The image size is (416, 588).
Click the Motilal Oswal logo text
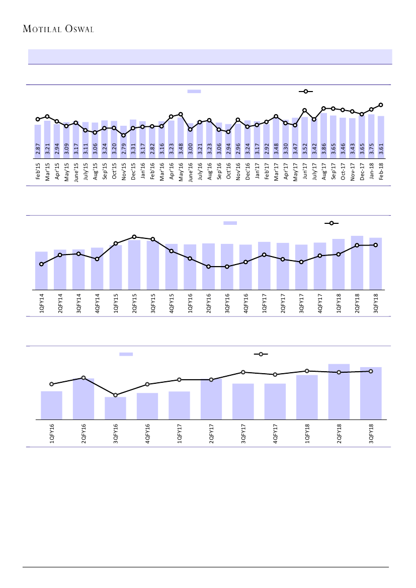[59, 29]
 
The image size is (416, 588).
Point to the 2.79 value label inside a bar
[124, 149]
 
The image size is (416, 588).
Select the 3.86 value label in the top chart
[324, 149]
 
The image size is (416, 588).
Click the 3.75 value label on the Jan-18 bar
[371, 149]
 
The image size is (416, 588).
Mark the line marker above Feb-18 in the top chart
[381, 105]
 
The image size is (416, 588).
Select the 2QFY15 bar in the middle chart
[134, 265]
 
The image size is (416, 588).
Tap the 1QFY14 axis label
[41, 303]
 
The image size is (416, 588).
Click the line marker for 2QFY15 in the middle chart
[134, 236]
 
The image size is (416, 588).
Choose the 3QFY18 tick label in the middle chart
[376, 303]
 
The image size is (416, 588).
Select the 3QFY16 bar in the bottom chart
[115, 408]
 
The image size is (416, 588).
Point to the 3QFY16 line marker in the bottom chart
[115, 395]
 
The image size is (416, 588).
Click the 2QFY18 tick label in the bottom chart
[339, 434]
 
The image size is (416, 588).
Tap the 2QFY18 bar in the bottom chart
[339, 391]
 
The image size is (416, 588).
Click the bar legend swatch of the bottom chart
[126, 354]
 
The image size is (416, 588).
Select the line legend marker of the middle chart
[331, 223]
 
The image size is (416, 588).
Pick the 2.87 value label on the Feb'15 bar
[38, 149]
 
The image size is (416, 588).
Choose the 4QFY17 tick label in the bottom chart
[275, 434]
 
